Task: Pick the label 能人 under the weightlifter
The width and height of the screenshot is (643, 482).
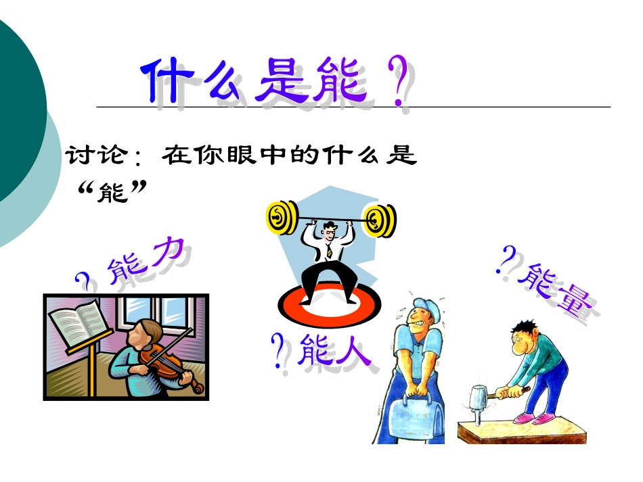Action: point(334,350)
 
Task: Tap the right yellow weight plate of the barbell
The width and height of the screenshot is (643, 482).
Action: point(380,220)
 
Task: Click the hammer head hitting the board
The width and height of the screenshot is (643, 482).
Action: point(479,395)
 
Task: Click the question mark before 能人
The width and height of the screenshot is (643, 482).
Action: point(278,350)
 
